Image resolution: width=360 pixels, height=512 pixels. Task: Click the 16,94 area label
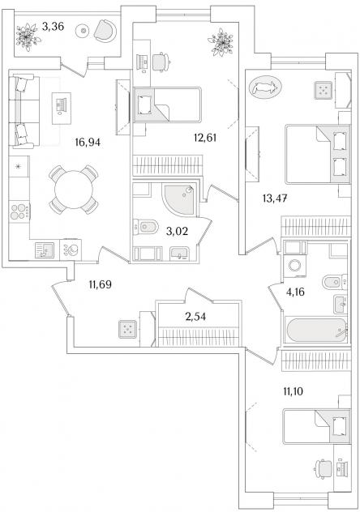click(88, 143)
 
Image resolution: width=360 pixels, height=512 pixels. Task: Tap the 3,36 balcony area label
click(53, 26)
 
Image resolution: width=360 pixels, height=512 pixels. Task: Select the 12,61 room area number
click(205, 138)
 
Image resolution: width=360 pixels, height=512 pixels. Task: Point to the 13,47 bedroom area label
click(275, 198)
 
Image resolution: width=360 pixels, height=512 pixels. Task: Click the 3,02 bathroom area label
click(177, 231)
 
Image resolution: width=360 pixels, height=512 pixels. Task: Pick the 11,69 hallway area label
click(101, 284)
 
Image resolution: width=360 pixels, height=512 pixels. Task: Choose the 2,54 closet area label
click(195, 317)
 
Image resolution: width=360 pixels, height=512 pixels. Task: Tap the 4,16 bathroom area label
click(295, 292)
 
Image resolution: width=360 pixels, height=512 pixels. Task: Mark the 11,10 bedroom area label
click(293, 390)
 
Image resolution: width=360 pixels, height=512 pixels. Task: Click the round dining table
click(74, 190)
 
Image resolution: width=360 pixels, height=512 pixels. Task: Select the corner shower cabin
click(180, 199)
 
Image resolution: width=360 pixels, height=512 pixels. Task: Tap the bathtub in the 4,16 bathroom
click(316, 330)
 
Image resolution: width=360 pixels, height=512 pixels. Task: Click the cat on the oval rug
click(265, 87)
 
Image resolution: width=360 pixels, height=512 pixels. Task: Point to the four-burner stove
click(19, 211)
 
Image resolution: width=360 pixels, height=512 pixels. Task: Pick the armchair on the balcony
click(105, 30)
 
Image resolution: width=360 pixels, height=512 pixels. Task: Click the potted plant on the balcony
click(28, 36)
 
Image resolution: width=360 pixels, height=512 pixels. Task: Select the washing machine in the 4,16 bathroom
click(295, 266)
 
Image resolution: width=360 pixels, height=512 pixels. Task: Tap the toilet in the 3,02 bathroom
click(146, 227)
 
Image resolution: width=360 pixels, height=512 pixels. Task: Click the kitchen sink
click(45, 251)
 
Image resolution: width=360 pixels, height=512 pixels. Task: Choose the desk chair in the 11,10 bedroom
click(323, 469)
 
